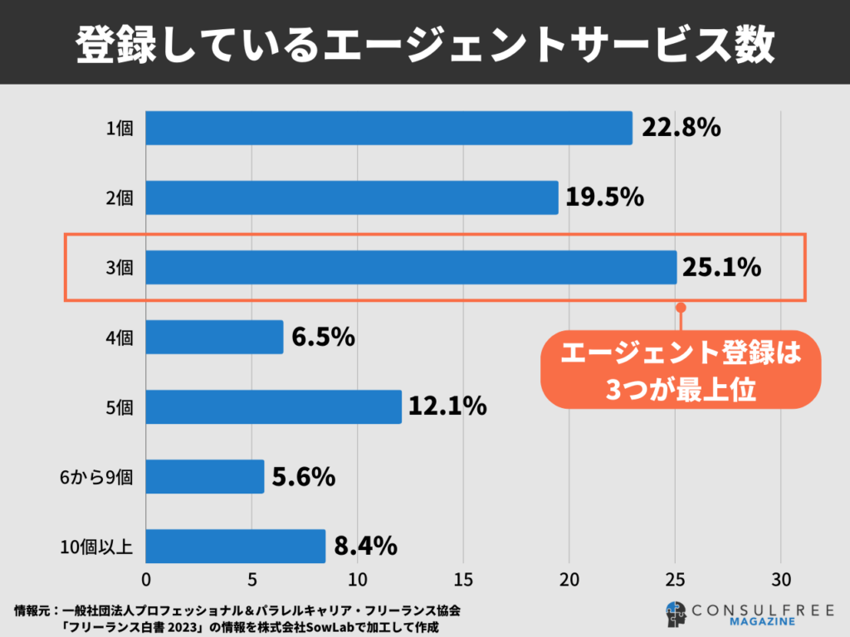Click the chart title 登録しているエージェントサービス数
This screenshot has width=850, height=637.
click(x=425, y=44)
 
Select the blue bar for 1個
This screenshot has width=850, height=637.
click(x=388, y=128)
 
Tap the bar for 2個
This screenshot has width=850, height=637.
click(x=352, y=197)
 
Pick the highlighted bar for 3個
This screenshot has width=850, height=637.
click(x=411, y=267)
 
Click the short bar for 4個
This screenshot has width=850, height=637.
click(x=214, y=337)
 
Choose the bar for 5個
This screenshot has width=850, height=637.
click(x=274, y=406)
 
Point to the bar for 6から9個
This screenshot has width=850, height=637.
click(x=205, y=476)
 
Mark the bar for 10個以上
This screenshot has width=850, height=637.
click(x=235, y=546)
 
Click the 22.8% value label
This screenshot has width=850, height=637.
click(x=681, y=128)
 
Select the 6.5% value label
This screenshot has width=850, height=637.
click(x=324, y=337)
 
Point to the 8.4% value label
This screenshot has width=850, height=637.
click(x=365, y=546)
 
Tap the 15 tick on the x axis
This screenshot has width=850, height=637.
click(x=463, y=578)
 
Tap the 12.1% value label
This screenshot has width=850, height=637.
click(x=447, y=406)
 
